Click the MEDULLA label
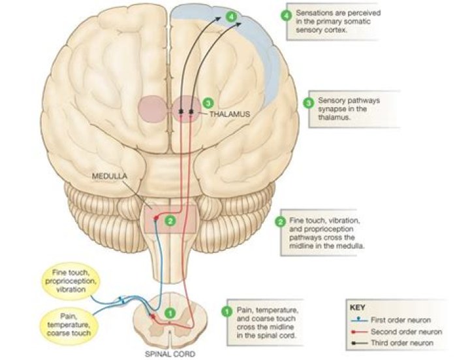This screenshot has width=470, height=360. pyautogui.click(x=108, y=176)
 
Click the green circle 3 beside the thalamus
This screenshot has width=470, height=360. pyautogui.click(x=208, y=103)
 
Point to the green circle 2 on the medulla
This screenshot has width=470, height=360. pyautogui.click(x=170, y=221)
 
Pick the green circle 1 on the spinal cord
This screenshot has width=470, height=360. pyautogui.click(x=168, y=314)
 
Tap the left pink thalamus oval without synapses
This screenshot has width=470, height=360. pyautogui.click(x=152, y=109)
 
